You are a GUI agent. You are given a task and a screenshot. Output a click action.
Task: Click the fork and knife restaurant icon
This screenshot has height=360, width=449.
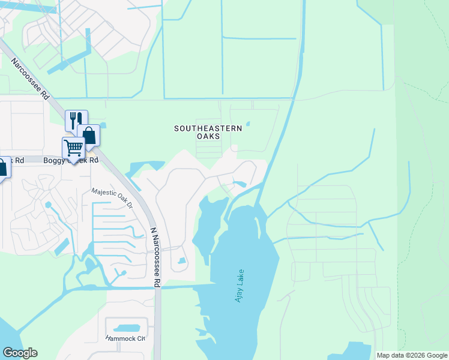(76, 119)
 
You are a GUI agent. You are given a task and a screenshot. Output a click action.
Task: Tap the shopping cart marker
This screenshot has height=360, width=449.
(73, 147)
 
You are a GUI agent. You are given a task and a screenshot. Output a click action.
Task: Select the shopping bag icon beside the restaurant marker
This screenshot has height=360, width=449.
(88, 134)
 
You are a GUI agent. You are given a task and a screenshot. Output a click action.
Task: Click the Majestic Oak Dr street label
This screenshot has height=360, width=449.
(112, 197)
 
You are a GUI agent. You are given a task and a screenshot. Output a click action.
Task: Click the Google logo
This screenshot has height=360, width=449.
(20, 353)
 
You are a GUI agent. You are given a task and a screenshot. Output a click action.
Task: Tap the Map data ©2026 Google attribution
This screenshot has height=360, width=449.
(411, 355)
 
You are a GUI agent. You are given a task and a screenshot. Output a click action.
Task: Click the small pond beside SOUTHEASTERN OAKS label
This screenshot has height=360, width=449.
(247, 124)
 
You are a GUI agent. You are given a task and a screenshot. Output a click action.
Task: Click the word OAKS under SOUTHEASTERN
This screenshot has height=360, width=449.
(208, 136)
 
